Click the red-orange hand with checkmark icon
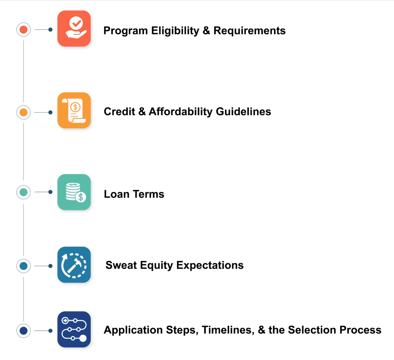click(74, 28)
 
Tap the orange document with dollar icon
click(74, 110)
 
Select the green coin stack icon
click(74, 192)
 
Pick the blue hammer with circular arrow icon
click(74, 265)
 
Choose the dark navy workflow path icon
click(74, 330)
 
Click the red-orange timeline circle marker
click(23, 30)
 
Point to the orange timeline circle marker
click(23, 112)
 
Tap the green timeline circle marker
click(23, 192)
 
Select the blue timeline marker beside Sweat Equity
click(23, 266)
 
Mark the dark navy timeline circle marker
click(23, 331)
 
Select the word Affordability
click(181, 112)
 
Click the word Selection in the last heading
click(314, 330)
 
